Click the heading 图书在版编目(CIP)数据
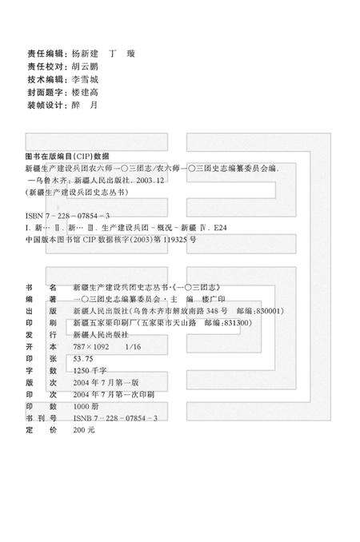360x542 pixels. point(68,156)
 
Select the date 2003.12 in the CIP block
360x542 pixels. point(150,181)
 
